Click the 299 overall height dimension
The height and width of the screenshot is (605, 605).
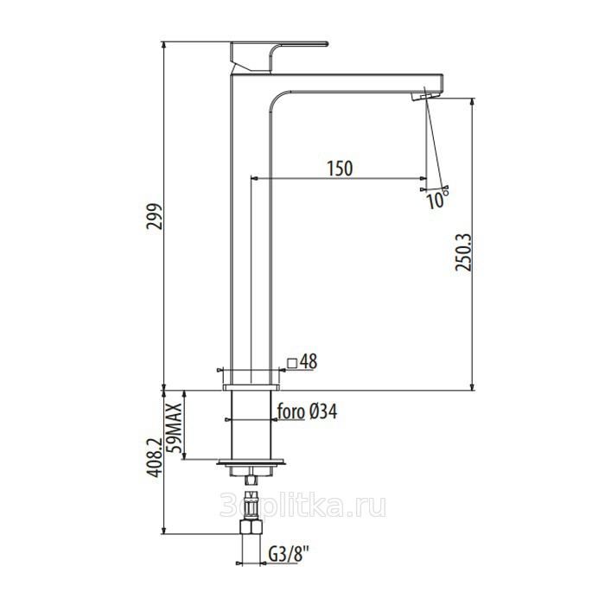click(x=155, y=216)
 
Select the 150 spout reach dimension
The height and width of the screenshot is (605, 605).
click(x=340, y=169)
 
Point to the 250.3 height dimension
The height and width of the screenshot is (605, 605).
click(x=463, y=252)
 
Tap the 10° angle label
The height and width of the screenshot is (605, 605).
click(x=437, y=200)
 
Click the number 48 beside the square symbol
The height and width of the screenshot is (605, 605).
click(x=309, y=361)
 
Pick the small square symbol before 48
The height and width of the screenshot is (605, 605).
click(x=292, y=363)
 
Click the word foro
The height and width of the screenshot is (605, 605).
click(x=291, y=411)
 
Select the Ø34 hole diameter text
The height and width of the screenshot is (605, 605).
click(x=323, y=411)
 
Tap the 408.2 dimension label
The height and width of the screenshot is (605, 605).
click(x=155, y=457)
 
